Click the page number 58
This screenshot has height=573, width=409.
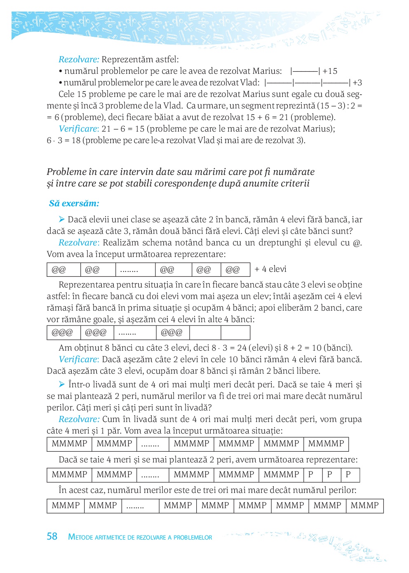click(x=52, y=536)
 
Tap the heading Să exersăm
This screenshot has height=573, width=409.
click(x=74, y=203)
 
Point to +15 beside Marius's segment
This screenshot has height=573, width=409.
click(x=330, y=71)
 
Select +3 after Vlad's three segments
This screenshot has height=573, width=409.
click(x=357, y=83)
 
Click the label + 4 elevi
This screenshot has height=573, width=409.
click(x=270, y=269)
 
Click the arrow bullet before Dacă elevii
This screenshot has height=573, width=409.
click(x=62, y=219)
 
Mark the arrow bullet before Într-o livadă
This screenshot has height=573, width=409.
click(x=62, y=384)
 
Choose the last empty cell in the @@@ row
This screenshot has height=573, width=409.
click(x=235, y=332)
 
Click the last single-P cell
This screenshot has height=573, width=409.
click(x=350, y=475)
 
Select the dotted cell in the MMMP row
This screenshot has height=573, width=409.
click(x=140, y=506)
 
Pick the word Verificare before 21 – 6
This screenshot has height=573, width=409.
click(x=78, y=129)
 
